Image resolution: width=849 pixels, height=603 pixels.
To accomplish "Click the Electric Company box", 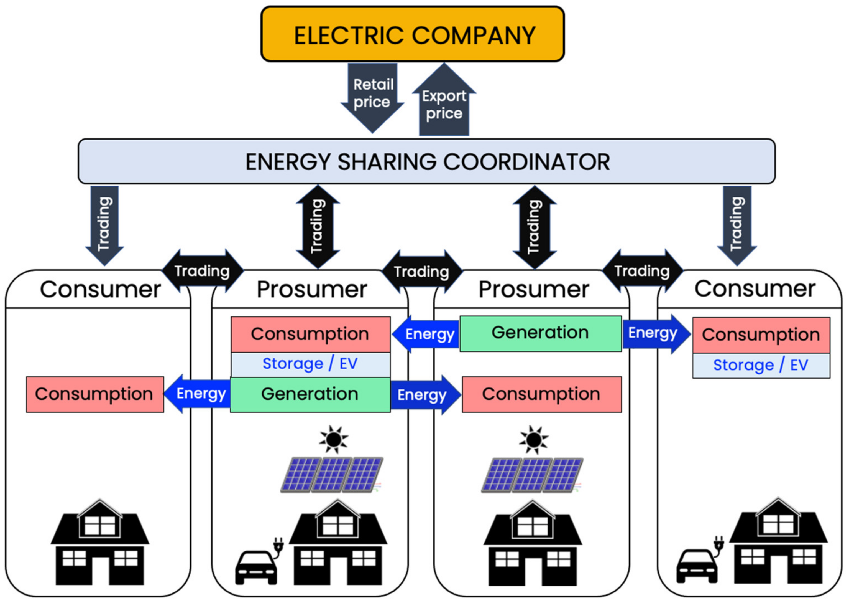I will (412, 34).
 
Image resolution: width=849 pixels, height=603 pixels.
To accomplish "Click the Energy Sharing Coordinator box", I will (426, 161).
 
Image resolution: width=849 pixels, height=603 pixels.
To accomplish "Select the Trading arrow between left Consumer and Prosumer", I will (203, 271).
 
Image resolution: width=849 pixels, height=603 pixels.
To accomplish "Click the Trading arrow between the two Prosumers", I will (422, 272).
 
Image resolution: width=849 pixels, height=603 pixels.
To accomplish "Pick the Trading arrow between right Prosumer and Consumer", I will (642, 271).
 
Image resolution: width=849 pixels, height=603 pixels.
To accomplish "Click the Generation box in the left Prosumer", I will (310, 394).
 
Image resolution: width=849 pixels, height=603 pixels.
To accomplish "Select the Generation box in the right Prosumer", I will (540, 333).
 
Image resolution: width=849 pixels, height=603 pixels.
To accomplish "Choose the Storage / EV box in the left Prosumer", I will (310, 364).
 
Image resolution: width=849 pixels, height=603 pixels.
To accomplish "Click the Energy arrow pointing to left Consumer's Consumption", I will (198, 394).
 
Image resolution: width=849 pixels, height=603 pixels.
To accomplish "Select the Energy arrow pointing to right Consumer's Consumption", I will (655, 333).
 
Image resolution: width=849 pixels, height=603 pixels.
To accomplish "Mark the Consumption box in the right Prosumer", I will (541, 394).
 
